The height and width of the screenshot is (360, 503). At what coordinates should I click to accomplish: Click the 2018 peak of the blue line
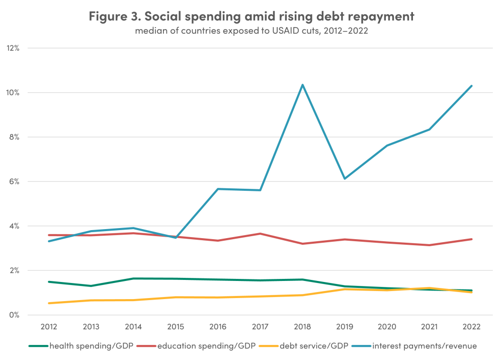point(302,85)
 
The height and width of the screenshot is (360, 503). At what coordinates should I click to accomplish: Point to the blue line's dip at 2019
point(345,179)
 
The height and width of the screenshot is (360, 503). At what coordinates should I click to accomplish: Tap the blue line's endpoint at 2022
point(471,86)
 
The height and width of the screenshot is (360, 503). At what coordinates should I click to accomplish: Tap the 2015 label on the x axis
point(176,327)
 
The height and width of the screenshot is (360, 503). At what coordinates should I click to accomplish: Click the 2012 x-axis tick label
point(49,327)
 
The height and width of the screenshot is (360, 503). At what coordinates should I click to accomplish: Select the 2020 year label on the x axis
point(387,327)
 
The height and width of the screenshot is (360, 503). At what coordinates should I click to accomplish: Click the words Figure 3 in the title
point(114,16)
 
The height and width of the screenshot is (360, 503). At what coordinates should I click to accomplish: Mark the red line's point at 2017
point(260,234)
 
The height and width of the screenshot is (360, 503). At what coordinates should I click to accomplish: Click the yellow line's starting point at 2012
point(49,303)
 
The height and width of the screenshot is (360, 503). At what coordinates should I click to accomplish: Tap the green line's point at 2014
point(133,278)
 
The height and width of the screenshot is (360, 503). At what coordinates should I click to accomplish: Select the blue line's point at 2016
point(218,189)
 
